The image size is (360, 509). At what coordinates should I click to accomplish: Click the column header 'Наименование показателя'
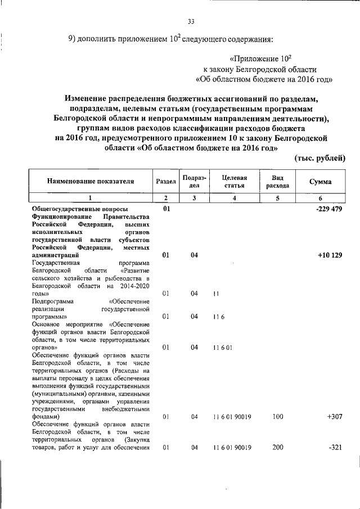pos(91,182)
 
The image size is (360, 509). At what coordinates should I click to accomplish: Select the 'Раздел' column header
pos(165,182)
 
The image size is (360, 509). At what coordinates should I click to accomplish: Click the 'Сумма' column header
pos(320,182)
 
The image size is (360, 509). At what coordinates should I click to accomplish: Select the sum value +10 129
pos(330,255)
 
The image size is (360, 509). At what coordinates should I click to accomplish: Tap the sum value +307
pos(334,417)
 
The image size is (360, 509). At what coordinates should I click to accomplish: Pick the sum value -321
pos(335,448)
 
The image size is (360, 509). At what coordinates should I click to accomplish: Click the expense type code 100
pos(277,417)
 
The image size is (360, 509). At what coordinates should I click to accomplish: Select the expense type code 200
pos(277,448)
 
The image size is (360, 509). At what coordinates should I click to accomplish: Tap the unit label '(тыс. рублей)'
pos(319,159)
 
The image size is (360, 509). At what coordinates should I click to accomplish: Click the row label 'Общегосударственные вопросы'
pos(72,209)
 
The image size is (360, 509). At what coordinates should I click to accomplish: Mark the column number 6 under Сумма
pos(320,198)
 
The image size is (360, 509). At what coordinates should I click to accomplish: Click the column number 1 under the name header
pos(91,198)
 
